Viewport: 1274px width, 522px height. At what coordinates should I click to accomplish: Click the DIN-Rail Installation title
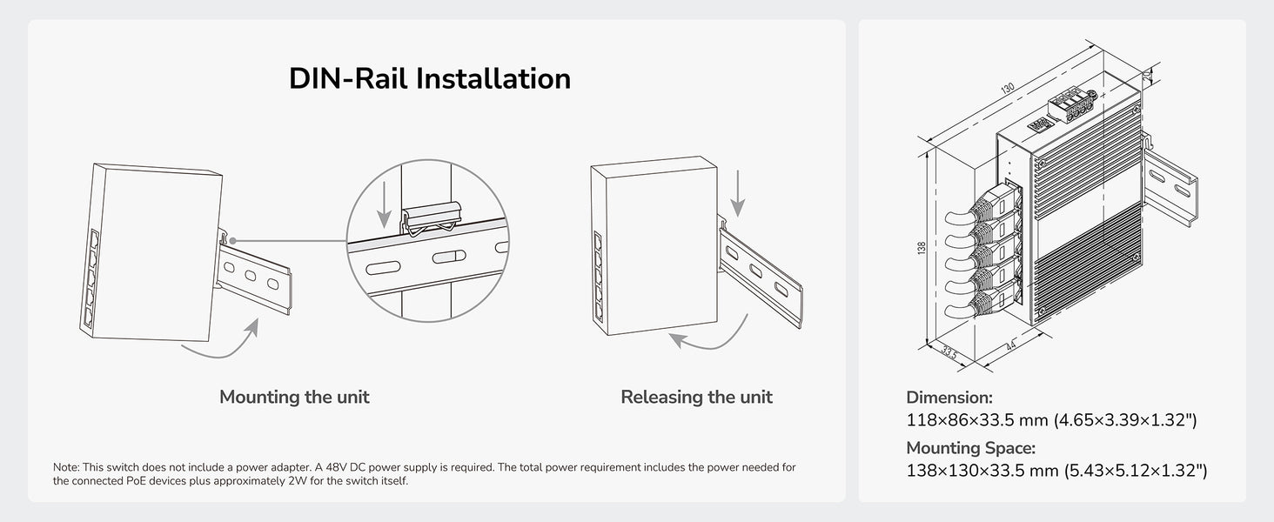pyautogui.click(x=429, y=78)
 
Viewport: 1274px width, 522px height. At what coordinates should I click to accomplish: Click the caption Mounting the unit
pyautogui.click(x=294, y=397)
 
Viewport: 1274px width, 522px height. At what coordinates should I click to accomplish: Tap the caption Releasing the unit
pyautogui.click(x=696, y=397)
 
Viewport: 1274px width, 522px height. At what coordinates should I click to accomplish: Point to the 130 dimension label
pyautogui.click(x=1007, y=88)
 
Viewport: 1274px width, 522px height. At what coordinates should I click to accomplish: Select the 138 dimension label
pyautogui.click(x=922, y=248)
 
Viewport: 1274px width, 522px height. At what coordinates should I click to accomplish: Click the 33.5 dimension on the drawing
pyautogui.click(x=949, y=352)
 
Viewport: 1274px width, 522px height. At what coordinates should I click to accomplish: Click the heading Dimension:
pyautogui.click(x=949, y=397)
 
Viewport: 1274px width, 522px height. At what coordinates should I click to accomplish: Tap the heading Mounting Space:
pyautogui.click(x=970, y=448)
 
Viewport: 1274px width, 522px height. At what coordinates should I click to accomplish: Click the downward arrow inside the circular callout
pyautogui.click(x=385, y=204)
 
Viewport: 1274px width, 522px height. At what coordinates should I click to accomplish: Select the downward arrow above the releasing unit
pyautogui.click(x=738, y=193)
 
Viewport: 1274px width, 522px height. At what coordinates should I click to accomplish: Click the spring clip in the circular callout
pyautogui.click(x=432, y=219)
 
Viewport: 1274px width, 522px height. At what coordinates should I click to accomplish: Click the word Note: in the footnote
pyautogui.click(x=66, y=467)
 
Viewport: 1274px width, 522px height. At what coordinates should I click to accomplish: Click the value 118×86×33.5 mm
pyautogui.click(x=977, y=420)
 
